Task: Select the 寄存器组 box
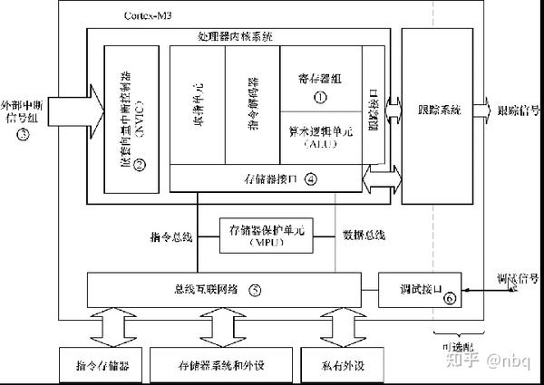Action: tap(318, 80)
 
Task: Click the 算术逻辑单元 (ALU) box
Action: tap(318, 135)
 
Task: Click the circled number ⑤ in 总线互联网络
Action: tap(255, 290)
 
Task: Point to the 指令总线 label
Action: tap(171, 236)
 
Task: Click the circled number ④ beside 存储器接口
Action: tap(310, 178)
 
